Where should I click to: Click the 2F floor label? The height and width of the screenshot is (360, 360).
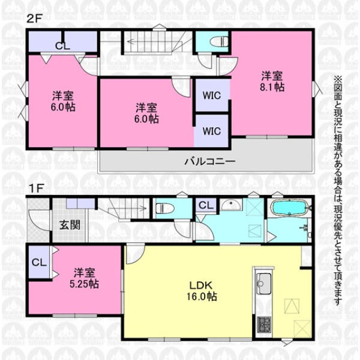click(x=34, y=19)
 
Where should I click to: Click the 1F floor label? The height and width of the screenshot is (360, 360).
click(x=36, y=189)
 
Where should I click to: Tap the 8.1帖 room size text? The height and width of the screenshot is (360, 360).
click(x=272, y=87)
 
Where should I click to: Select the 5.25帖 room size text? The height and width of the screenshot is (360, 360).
click(x=84, y=284)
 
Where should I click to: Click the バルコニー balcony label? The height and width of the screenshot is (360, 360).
click(x=210, y=161)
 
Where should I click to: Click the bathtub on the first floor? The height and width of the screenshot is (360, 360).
click(x=290, y=208)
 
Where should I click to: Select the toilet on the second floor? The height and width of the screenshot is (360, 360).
click(x=219, y=42)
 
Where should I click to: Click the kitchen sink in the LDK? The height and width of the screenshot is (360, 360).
click(x=263, y=284)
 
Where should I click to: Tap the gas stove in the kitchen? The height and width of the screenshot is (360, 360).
click(x=264, y=325)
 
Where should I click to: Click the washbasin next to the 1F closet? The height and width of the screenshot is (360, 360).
click(x=231, y=205)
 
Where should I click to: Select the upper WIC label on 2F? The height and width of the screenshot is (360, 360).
click(x=212, y=95)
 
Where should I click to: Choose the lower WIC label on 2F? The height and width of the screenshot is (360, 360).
click(x=212, y=131)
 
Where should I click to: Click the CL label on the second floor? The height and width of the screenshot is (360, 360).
click(x=62, y=46)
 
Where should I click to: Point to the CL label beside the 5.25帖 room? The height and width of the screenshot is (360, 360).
click(x=39, y=262)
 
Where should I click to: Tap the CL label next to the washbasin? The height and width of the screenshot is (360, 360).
click(x=206, y=205)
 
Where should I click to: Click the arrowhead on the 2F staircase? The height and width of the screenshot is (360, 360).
click(x=130, y=41)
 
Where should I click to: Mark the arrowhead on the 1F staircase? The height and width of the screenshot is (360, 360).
click(x=144, y=209)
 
